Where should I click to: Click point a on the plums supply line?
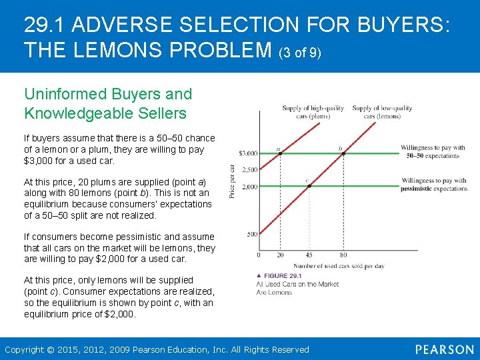pyautogui.click(x=280, y=153)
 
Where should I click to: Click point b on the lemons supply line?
pyautogui.click(x=343, y=153)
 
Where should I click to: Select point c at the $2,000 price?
pyautogui.click(x=309, y=186)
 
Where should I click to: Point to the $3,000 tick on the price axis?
pyautogui.click(x=248, y=154)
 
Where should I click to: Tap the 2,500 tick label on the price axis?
pyautogui.click(x=249, y=170)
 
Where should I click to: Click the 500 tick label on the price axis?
pyautogui.click(x=251, y=234)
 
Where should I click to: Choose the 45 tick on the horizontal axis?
pyautogui.click(x=309, y=255)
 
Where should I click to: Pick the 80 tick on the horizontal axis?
pyautogui.click(x=343, y=255)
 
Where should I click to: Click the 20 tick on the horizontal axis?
pyautogui.click(x=280, y=255)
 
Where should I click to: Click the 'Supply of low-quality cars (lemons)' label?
pyautogui.click(x=382, y=111)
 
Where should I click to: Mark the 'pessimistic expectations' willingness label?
pyautogui.click(x=434, y=185)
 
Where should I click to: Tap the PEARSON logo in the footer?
pyautogui.click(x=445, y=349)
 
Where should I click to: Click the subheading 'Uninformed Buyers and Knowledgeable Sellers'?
pyautogui.click(x=108, y=103)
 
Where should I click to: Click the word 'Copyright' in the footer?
pyautogui.click(x=25, y=349)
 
